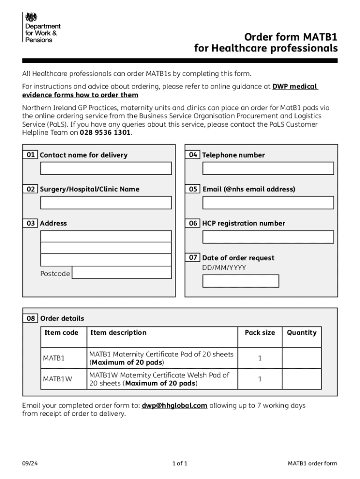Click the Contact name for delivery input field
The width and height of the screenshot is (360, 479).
(106, 168)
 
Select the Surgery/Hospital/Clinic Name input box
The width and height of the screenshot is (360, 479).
(106, 203)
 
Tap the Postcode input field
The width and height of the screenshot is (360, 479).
(122, 272)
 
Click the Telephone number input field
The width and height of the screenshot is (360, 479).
(268, 168)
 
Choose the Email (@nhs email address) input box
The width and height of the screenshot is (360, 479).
(268, 203)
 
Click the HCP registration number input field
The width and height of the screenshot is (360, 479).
(268, 237)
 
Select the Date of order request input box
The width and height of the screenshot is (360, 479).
(240, 281)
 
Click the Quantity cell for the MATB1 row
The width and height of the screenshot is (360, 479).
(302, 358)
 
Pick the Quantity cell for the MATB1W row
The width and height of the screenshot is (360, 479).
(302, 379)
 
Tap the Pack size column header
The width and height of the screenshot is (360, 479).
(260, 333)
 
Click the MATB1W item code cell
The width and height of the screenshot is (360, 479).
(58, 379)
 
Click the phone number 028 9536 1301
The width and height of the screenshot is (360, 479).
(105, 133)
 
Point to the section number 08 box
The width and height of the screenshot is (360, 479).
(30, 318)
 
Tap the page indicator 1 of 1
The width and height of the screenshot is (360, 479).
(180, 464)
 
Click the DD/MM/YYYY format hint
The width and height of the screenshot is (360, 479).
(224, 268)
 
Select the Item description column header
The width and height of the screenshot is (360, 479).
(118, 333)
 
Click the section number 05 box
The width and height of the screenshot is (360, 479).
(193, 189)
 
